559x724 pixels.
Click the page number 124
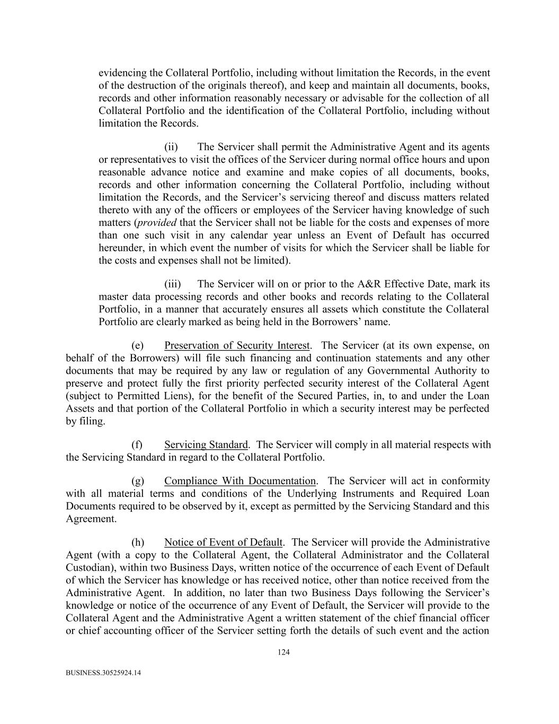click(x=283, y=652)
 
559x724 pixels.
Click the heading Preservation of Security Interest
click(x=237, y=346)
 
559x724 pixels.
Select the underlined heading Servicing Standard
click(x=206, y=444)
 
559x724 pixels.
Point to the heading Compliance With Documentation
click(x=240, y=481)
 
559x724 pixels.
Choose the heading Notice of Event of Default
click(x=223, y=542)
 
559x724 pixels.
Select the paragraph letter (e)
click(x=137, y=346)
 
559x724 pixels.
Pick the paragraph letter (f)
click(x=137, y=444)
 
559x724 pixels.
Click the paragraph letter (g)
click(x=137, y=481)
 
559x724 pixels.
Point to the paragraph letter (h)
click(x=137, y=542)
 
